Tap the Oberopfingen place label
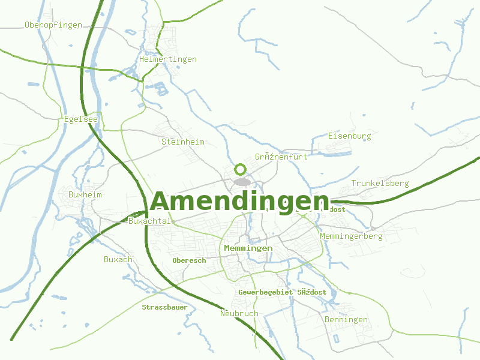tap(53, 25)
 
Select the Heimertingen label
tap(167, 59)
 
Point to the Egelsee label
tap(80, 119)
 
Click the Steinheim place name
tap(182, 142)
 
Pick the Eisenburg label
tap(349, 136)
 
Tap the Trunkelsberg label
tap(380, 183)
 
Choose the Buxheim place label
tap(85, 195)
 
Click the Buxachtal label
tap(149, 221)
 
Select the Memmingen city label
tap(248, 248)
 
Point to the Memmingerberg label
tap(351, 236)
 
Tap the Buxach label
tap(118, 260)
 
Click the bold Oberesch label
tap(189, 260)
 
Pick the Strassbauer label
tap(164, 307)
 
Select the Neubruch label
tap(239, 313)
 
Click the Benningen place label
tap(346, 320)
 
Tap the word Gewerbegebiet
tap(265, 292)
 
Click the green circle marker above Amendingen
tap(241, 169)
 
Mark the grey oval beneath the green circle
tap(241, 181)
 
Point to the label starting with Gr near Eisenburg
tap(281, 157)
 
